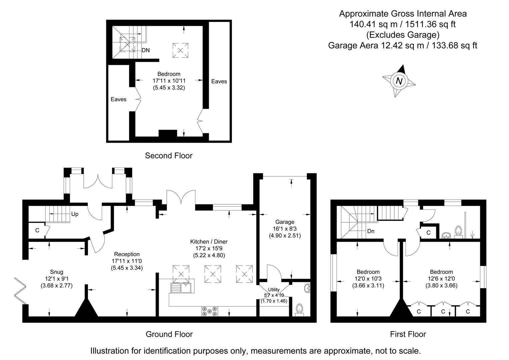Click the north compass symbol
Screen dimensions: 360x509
[399, 81]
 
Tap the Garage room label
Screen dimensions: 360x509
[285, 222]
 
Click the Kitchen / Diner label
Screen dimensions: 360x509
[209, 242]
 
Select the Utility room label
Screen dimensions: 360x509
[274, 290]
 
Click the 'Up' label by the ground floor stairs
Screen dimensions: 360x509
[75, 214]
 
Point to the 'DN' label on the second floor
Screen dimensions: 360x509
[145, 50]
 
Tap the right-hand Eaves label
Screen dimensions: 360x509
[219, 81]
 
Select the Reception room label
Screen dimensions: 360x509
[127, 254]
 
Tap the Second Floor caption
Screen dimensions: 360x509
[169, 155]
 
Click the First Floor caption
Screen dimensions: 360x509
[408, 334]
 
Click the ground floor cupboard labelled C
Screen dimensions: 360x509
[37, 230]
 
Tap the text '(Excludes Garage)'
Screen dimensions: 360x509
[403, 35]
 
